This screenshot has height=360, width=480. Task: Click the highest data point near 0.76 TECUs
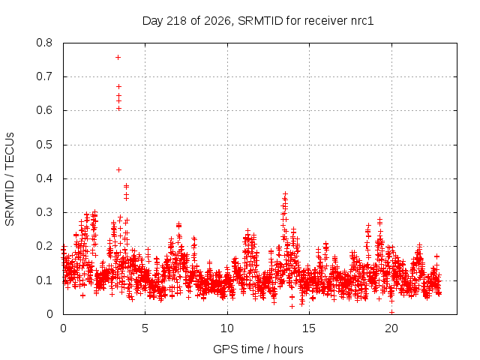click(118, 58)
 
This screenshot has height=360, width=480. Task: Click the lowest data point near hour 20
click(391, 312)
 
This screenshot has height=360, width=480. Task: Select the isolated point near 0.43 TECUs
click(118, 170)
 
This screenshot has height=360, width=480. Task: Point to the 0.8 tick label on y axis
click(44, 43)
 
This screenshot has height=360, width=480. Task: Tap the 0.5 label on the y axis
click(44, 145)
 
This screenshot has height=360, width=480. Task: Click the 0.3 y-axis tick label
click(44, 212)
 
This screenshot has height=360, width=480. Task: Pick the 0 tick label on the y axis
click(49, 314)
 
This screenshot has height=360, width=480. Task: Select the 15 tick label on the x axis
click(309, 328)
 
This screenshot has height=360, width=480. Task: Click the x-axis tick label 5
click(145, 328)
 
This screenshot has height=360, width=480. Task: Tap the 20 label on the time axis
click(391, 328)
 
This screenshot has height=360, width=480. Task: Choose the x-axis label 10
click(226, 328)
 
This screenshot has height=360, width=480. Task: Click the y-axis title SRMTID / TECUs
click(10, 179)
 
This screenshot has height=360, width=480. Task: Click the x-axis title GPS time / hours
click(258, 349)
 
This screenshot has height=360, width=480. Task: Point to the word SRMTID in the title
click(260, 21)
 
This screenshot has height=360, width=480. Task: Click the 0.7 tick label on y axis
click(44, 76)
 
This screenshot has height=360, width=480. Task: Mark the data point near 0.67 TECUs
click(118, 87)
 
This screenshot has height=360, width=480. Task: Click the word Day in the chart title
click(153, 21)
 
